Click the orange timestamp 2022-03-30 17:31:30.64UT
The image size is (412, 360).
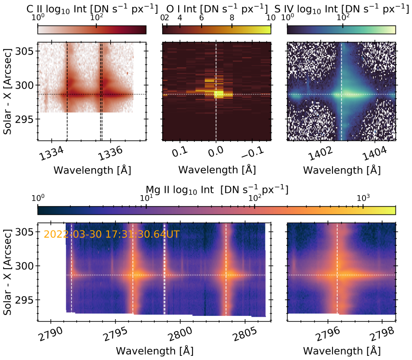[112, 234]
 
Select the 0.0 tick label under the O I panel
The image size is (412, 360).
[215, 151]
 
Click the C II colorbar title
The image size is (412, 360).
[92, 8]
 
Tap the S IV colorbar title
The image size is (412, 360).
[341, 8]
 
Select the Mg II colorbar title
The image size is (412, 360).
[216, 189]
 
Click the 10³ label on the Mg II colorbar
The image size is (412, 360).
[363, 198]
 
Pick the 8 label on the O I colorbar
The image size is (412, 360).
[232, 17]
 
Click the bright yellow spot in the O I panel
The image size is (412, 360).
[219, 94]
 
